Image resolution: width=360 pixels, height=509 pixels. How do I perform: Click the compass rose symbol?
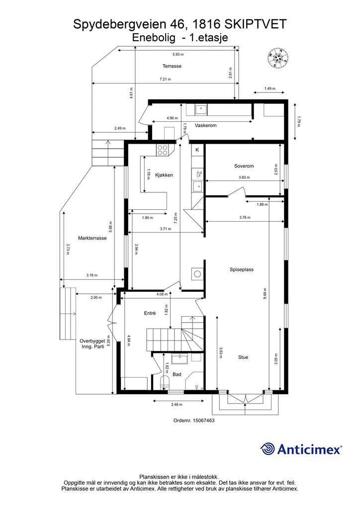click(278, 58)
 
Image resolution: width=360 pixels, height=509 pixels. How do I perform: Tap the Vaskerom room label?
click(205, 125)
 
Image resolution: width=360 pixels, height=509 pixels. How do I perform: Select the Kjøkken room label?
click(164, 175)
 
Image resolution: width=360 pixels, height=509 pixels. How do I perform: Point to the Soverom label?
click(244, 166)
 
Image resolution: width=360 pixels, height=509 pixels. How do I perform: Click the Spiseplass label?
click(242, 269)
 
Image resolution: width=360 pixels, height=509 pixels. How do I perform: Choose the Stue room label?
click(243, 357)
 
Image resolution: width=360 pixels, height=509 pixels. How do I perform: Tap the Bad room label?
click(177, 374)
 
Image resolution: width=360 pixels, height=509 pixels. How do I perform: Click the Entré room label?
click(150, 313)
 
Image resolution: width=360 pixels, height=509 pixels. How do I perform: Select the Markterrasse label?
click(92, 238)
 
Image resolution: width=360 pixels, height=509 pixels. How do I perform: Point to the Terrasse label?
click(172, 66)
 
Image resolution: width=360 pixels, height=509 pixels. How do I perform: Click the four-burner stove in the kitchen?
click(163, 150)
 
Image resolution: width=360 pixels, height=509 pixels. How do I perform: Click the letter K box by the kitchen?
click(197, 150)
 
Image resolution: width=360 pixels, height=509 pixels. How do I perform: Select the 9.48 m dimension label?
click(265, 293)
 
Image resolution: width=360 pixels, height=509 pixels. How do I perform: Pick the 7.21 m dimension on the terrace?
click(165, 79)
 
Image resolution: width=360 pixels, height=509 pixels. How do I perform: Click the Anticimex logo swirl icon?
click(268, 449)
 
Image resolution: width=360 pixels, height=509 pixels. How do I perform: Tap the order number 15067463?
click(203, 421)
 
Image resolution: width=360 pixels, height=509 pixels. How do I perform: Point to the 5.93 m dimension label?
click(178, 54)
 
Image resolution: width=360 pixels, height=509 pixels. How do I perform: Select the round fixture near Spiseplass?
click(197, 274)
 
